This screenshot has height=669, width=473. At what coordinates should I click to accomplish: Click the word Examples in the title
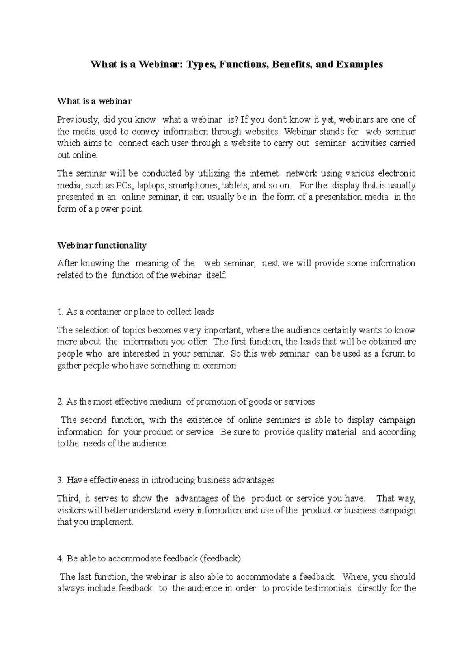pos(359,64)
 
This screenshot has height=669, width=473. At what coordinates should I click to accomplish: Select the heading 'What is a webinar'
pos(94,101)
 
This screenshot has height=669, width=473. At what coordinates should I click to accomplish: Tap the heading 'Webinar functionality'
pos(102,245)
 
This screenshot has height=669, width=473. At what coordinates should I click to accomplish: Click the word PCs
pos(125,185)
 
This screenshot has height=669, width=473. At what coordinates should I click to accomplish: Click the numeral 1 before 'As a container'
pos(60,312)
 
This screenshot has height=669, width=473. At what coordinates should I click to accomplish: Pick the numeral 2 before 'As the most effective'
pos(60,402)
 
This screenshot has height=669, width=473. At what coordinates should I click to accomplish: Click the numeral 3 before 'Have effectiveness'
pos(60,480)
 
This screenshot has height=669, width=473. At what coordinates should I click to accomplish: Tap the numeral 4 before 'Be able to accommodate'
pos(60,558)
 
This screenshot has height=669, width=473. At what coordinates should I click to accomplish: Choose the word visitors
pos(70,511)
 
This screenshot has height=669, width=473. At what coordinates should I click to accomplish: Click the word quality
pos(310,432)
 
